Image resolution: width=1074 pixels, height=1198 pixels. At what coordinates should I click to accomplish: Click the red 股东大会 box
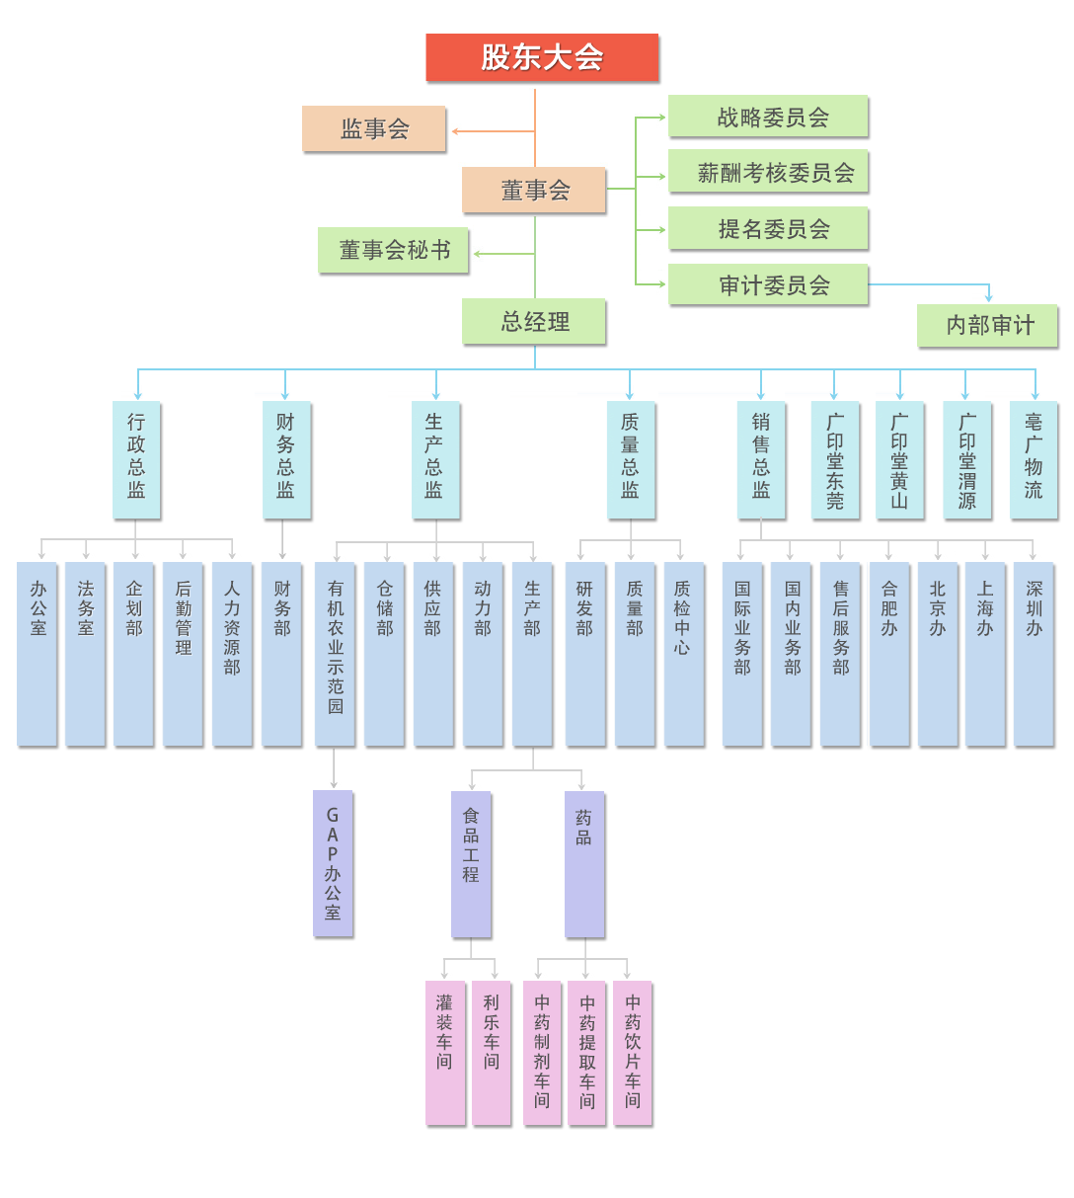[x=542, y=57]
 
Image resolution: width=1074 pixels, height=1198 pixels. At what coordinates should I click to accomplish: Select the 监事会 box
[x=374, y=128]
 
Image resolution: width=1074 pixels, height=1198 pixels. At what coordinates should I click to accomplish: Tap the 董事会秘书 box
[x=393, y=251]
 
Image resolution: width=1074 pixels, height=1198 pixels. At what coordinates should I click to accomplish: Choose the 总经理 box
[x=534, y=322]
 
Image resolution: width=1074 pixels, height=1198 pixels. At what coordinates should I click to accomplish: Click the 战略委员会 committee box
[x=768, y=117]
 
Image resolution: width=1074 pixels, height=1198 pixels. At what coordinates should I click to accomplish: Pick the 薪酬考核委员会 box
[x=768, y=173]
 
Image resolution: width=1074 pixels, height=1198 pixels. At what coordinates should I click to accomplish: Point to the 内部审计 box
[x=987, y=325]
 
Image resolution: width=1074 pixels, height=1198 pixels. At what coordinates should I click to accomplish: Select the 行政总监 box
[x=136, y=459]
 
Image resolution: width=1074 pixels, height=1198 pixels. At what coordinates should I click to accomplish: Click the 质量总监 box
[x=631, y=459]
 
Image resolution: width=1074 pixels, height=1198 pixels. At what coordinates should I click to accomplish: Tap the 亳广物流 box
[x=1034, y=459]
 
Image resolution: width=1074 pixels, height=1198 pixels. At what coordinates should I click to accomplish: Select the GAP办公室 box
[x=333, y=863]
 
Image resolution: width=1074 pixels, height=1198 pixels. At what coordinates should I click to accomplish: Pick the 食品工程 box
[x=471, y=863]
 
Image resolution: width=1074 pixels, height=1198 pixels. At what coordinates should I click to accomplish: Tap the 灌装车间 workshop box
[x=444, y=1053]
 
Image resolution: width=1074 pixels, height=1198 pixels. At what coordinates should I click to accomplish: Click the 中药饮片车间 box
[x=633, y=1053]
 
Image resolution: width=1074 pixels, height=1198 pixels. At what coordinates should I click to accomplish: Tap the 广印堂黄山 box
[x=900, y=459]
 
